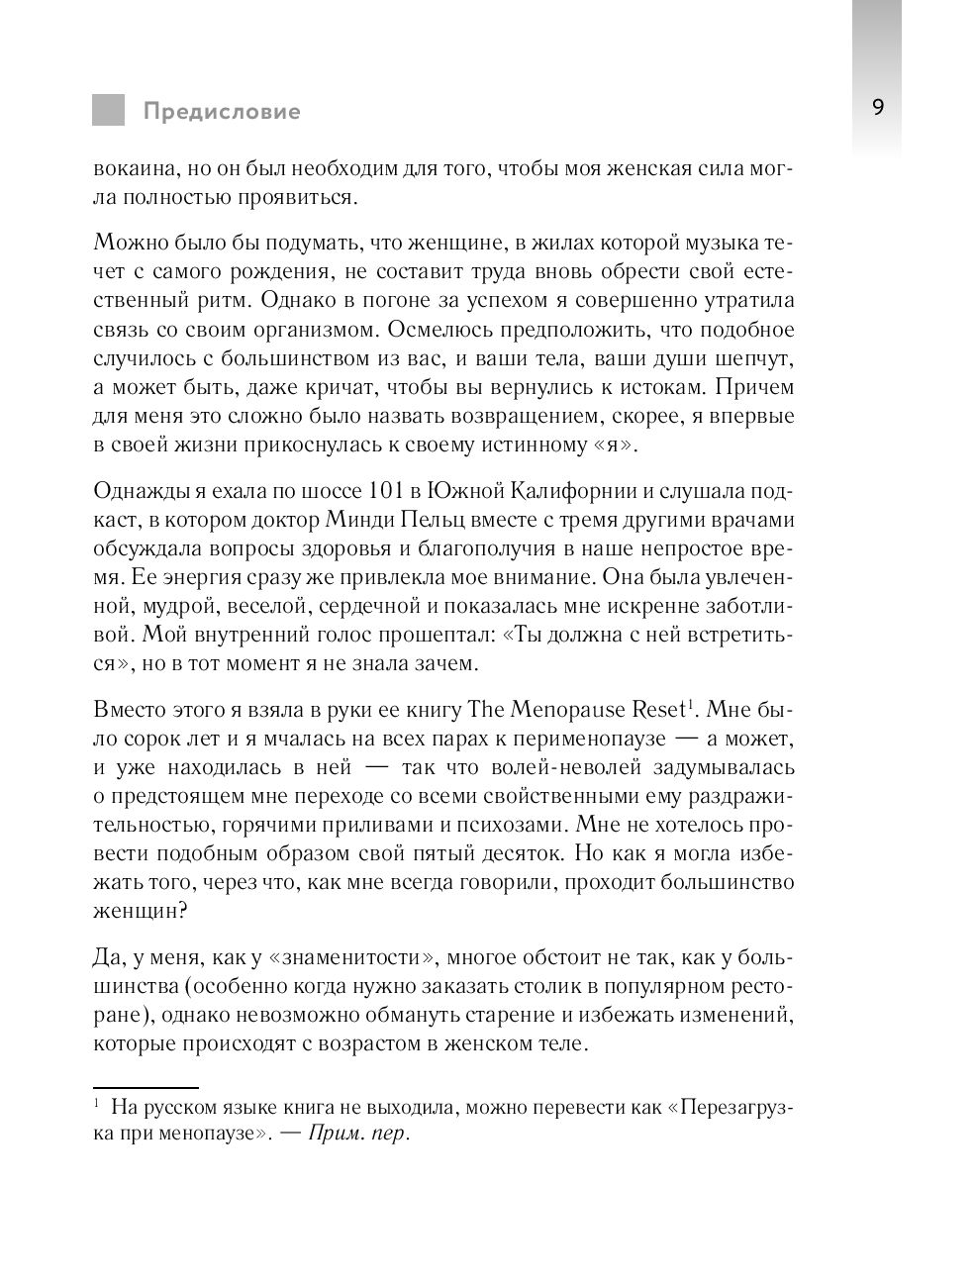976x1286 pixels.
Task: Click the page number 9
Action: click(878, 108)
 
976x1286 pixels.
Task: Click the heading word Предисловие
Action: click(221, 111)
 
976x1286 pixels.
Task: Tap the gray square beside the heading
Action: click(109, 110)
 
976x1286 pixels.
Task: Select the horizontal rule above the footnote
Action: click(146, 1087)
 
